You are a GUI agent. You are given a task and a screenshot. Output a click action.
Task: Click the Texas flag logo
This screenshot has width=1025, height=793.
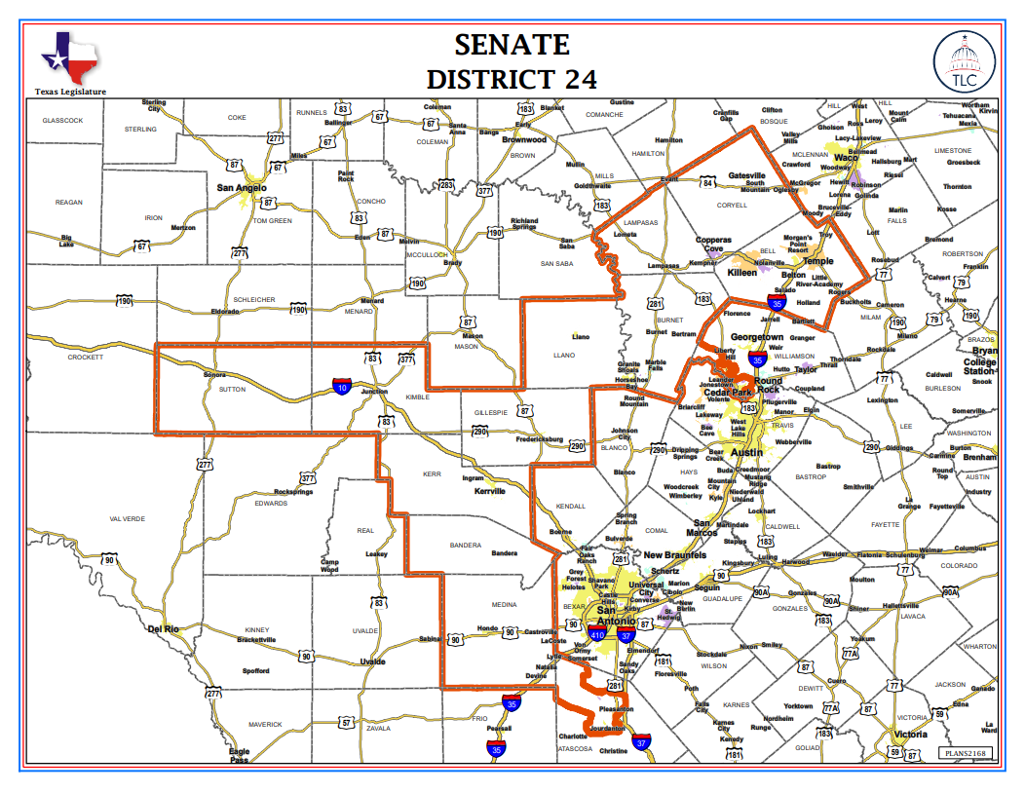[x=70, y=57]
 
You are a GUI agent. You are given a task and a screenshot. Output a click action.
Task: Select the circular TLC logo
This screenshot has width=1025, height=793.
[x=963, y=60]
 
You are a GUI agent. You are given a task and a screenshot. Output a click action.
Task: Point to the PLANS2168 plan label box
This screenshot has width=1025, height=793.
[x=967, y=753]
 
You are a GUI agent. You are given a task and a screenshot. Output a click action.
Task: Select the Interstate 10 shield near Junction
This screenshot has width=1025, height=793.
[x=342, y=387]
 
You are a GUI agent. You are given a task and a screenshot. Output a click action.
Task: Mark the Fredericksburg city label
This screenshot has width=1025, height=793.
[x=542, y=439]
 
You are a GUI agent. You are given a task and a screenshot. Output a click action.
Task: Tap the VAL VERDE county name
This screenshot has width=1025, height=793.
[x=127, y=518]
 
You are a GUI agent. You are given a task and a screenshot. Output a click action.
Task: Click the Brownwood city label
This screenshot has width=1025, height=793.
[x=524, y=139]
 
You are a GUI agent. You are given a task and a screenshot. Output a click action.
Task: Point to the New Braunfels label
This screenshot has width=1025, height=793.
[x=674, y=555]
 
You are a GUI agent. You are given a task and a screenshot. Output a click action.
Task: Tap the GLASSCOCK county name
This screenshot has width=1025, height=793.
[x=62, y=120]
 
